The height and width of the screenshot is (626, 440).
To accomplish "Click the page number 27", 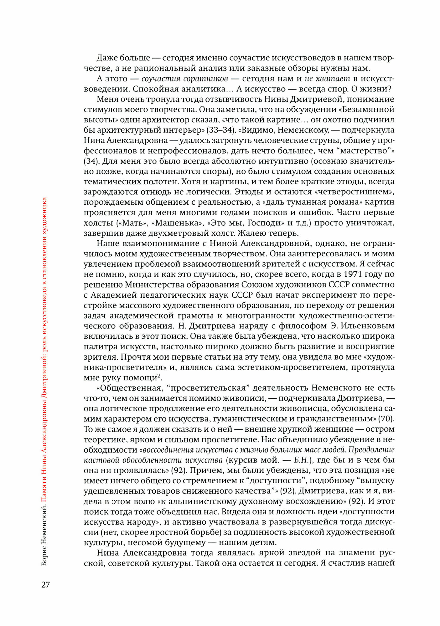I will (x=45, y=584).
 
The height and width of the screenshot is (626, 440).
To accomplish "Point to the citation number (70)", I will (x=386, y=419).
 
